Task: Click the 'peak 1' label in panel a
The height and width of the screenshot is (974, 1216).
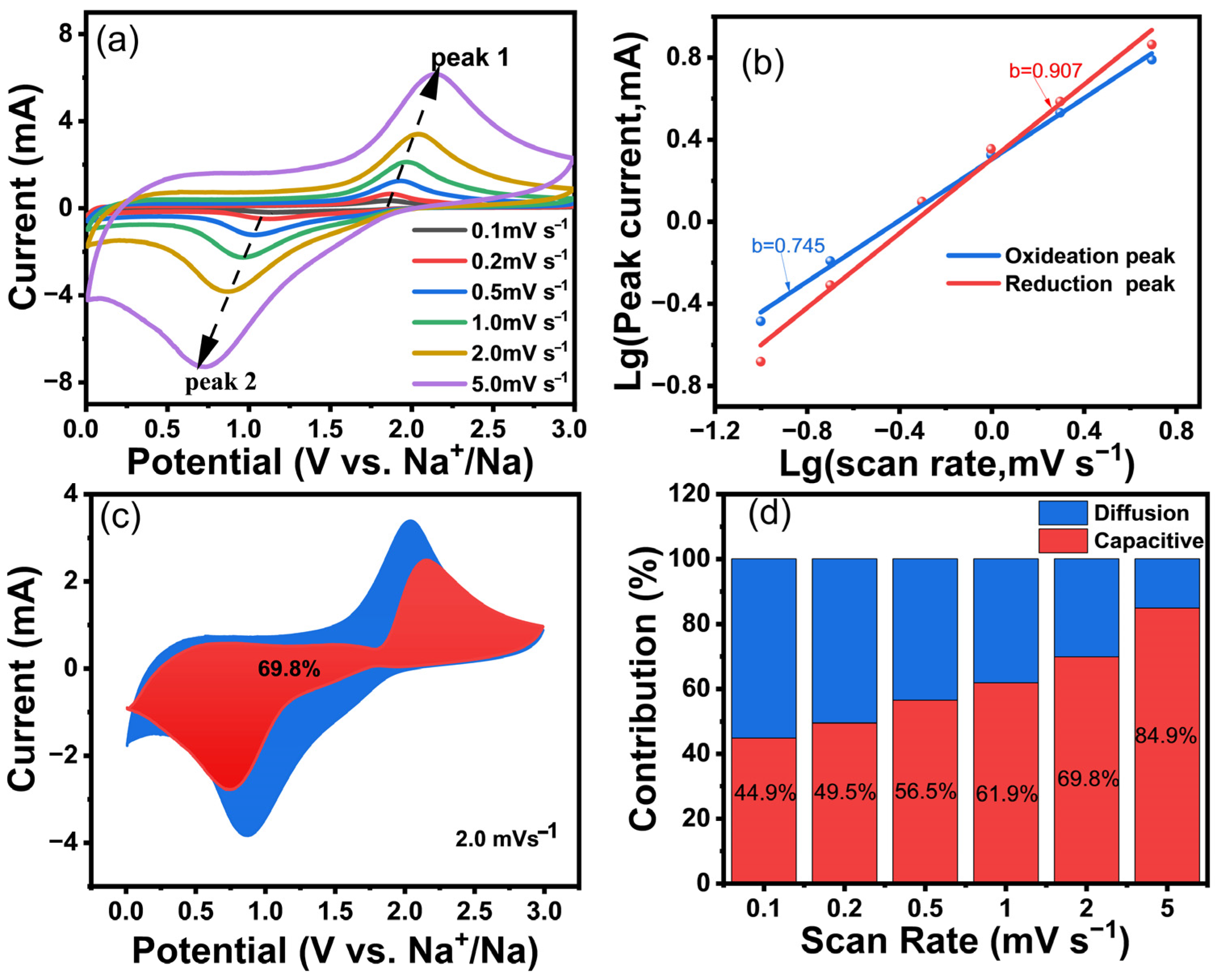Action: [470, 58]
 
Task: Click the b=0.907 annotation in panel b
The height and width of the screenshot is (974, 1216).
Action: [1045, 71]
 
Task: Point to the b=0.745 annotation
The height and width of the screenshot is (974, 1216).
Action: [788, 245]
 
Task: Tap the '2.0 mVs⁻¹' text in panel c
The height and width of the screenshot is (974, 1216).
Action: [505, 839]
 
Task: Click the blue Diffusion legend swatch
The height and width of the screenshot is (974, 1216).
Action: [1063, 513]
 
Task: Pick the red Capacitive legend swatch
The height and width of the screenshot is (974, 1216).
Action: [1063, 540]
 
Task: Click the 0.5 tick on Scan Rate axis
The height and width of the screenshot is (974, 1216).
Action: [925, 909]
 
